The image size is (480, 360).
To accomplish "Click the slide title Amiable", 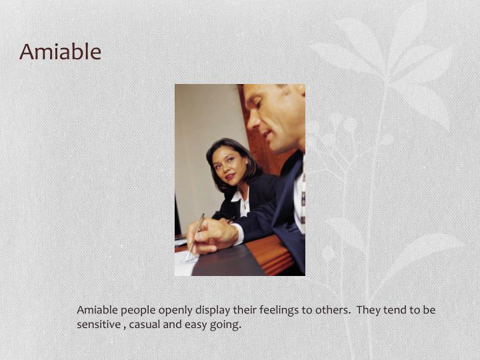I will [x=60, y=51].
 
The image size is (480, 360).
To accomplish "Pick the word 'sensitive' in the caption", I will [x=98, y=325].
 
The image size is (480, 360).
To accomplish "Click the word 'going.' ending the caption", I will [x=227, y=325].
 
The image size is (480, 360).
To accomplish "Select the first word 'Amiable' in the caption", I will [x=97, y=310].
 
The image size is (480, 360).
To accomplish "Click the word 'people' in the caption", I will [x=137, y=310].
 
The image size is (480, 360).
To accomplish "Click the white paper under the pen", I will [x=183, y=264].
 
